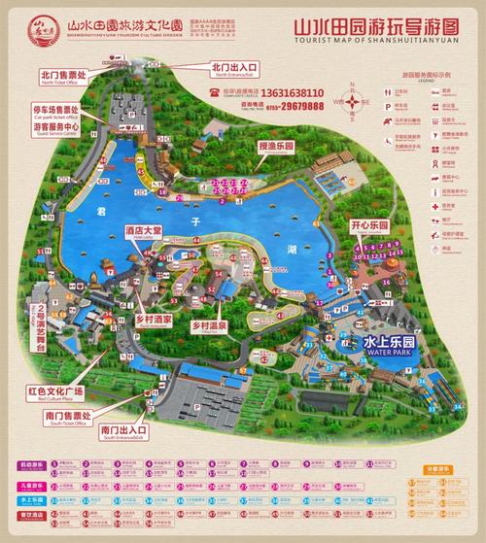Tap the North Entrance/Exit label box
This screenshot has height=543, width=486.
[x=229, y=69]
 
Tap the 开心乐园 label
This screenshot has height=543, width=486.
[x=369, y=226]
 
